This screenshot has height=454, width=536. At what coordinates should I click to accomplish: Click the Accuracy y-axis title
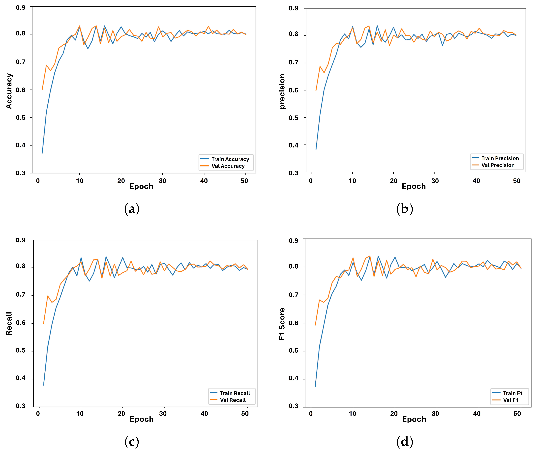9,91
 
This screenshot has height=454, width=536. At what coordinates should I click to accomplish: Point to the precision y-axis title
282,91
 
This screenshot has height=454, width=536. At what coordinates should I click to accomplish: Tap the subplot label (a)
132,209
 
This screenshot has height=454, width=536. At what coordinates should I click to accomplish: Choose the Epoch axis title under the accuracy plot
141,186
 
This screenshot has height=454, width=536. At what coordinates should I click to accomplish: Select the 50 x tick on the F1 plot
517,414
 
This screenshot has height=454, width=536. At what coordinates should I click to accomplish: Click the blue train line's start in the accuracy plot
42,153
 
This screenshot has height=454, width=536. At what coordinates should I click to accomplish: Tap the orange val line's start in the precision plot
316,90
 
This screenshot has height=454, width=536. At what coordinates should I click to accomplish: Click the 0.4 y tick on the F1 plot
294,378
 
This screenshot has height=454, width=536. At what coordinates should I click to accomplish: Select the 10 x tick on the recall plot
80,414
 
